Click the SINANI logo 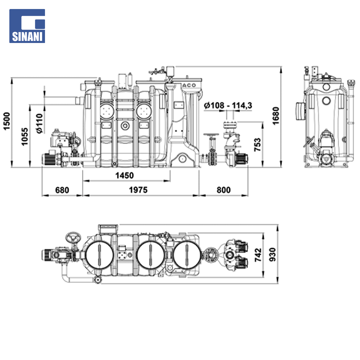[27, 26]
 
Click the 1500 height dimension [7, 121]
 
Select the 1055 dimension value [25, 137]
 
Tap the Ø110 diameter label [39, 124]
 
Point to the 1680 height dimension [276, 116]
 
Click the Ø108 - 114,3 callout [228, 105]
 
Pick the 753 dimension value [258, 145]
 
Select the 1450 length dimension [124, 175]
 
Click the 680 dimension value [62, 190]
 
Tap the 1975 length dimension [138, 190]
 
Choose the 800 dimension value [223, 190]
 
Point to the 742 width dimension [258, 255]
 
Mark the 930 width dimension [273, 254]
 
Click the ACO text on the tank [189, 85]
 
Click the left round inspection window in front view [107, 111]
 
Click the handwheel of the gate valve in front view [211, 135]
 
